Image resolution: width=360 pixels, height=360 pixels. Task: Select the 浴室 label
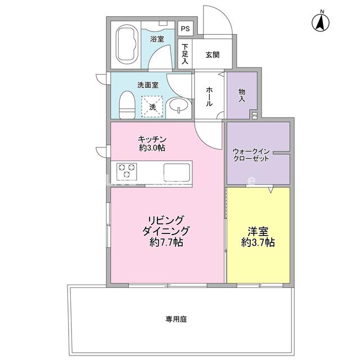pyautogui.click(x=157, y=39)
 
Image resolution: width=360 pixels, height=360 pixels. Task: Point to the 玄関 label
pyautogui.click(x=212, y=55)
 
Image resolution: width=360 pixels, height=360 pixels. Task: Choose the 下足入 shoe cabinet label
pyautogui.click(x=184, y=55)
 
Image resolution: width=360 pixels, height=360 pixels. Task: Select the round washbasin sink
pyautogui.click(x=179, y=105)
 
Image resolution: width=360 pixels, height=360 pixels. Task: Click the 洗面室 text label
pyautogui.click(x=147, y=85)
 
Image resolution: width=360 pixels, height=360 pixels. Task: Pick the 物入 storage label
pyautogui.click(x=242, y=94)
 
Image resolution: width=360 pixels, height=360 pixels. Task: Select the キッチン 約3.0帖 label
pyautogui.click(x=152, y=143)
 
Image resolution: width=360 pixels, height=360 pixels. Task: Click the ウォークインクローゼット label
pyautogui.click(x=251, y=154)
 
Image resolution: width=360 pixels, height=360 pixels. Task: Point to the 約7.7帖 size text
pyautogui.click(x=166, y=243)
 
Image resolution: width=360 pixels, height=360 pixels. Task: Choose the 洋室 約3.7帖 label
pyautogui.click(x=258, y=236)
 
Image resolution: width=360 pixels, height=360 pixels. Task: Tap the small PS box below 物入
pyautogui.click(x=254, y=115)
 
